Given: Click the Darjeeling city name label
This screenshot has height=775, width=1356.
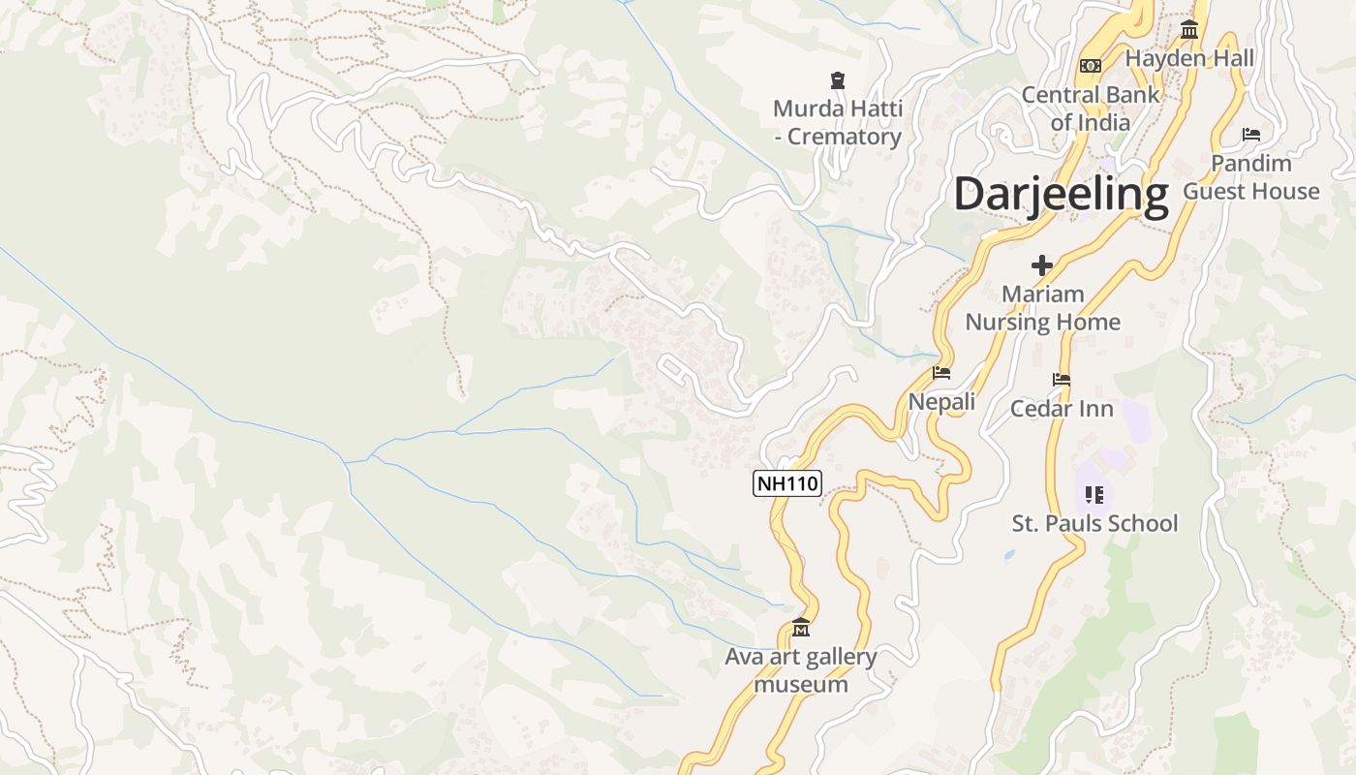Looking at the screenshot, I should [1061, 195].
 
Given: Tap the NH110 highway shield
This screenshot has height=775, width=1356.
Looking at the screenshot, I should [786, 483].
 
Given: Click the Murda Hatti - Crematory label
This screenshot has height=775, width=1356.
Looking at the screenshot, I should [838, 122].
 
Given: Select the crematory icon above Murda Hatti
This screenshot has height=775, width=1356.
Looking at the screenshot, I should [838, 79].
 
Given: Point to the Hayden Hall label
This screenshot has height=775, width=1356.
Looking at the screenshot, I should [1189, 58].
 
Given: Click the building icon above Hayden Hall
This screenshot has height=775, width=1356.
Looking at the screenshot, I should [1189, 30].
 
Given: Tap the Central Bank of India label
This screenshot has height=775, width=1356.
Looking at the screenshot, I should [1091, 108].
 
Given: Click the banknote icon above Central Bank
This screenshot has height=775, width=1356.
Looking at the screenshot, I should [1091, 66].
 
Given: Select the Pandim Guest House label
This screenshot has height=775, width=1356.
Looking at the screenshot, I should [1251, 177].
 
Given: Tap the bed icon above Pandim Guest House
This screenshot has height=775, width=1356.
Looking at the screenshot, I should [1251, 135].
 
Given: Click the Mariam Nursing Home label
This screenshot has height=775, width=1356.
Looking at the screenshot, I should [1042, 308].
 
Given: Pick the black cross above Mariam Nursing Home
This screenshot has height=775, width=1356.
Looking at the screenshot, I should [1042, 264].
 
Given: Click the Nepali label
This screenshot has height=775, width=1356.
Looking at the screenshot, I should [941, 401].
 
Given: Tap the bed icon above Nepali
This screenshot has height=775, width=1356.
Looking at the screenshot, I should [941, 373].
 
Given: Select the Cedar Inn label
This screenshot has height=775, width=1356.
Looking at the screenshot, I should [1062, 409].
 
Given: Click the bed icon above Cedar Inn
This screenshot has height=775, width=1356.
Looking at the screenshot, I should [1062, 380].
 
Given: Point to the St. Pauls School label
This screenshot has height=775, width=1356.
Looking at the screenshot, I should [1094, 524].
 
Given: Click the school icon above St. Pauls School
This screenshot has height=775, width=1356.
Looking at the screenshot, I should [1094, 495].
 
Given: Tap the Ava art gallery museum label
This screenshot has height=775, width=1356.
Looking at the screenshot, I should [801, 670].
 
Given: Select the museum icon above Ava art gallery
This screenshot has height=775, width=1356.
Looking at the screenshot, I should [801, 629].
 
